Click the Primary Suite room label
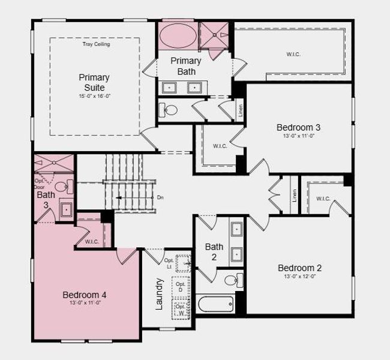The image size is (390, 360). (x=94, y=82)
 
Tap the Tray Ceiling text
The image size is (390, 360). (x=96, y=44)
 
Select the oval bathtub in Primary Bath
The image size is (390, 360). (x=176, y=35)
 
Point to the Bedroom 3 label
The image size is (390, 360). (x=298, y=127)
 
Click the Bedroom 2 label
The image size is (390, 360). (x=299, y=268)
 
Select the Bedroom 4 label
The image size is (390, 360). (x=85, y=295)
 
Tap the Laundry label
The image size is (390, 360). (x=160, y=293)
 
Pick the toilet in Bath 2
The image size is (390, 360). (x=232, y=280)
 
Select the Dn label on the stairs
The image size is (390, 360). (x=160, y=197)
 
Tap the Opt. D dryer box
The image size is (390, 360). (x=181, y=286)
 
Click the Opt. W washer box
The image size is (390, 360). (x=181, y=310)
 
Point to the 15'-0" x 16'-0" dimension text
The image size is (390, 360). (x=94, y=97)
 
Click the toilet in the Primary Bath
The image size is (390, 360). (x=169, y=110)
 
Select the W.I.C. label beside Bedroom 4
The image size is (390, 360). (x=92, y=242)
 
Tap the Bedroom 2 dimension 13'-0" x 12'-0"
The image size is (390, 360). (x=299, y=277)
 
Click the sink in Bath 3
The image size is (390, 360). (x=65, y=209)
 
